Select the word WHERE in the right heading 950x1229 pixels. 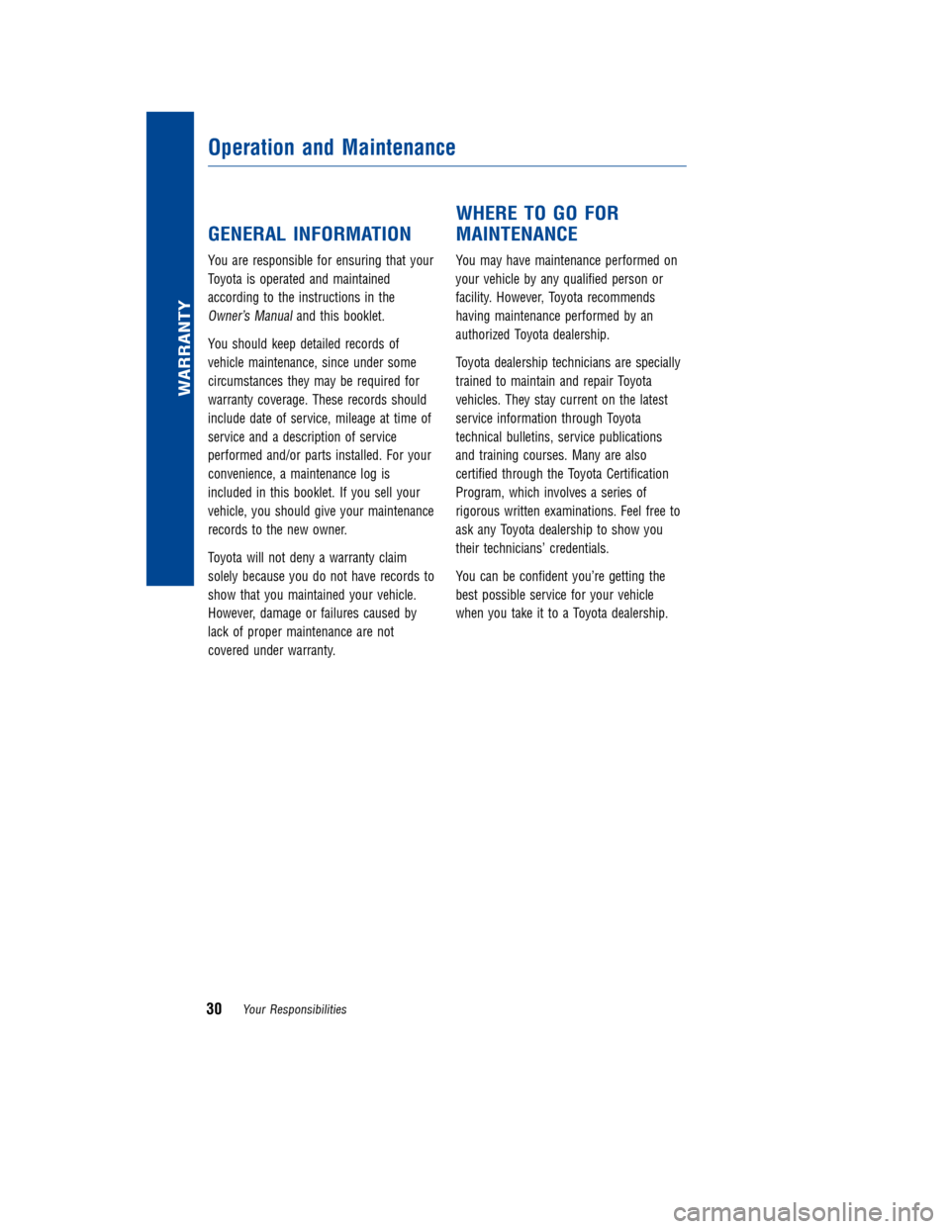point(486,214)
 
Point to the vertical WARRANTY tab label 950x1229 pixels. point(184,347)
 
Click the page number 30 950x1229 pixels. point(214,1008)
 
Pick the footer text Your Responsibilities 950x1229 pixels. point(295,1009)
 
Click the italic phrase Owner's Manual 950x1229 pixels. point(249,317)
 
